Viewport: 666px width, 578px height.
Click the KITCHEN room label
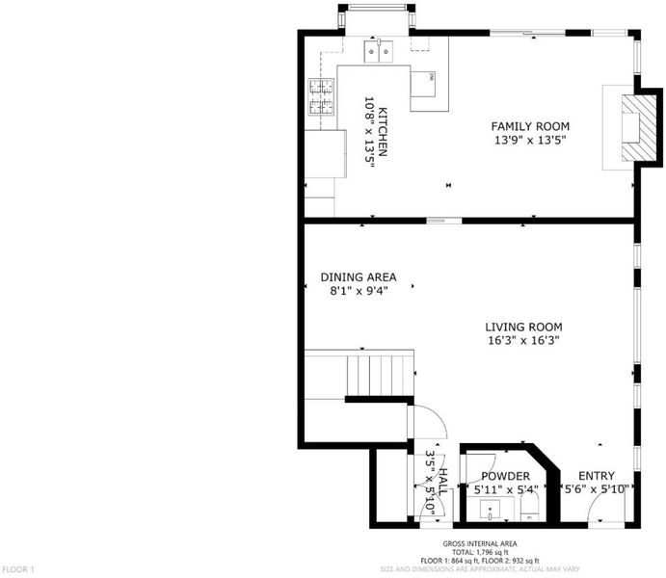pyautogui.click(x=383, y=132)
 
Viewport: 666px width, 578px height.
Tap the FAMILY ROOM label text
pyautogui.click(x=530, y=126)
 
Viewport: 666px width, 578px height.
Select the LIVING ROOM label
pyautogui.click(x=523, y=328)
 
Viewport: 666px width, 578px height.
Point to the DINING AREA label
pyautogui.click(x=359, y=277)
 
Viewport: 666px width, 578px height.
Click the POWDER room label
pyautogui.click(x=505, y=476)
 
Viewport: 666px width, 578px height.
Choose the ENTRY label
pyautogui.click(x=597, y=476)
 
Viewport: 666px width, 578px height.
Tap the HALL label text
pyautogui.click(x=442, y=482)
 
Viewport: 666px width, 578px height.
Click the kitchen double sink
pyautogui.click(x=379, y=51)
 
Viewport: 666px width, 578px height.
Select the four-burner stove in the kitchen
pyautogui.click(x=321, y=96)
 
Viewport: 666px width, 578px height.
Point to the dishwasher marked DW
pyautogui.click(x=422, y=84)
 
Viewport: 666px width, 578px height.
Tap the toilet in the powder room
pyautogui.click(x=530, y=507)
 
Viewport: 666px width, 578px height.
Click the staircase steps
pyautogui.click(x=381, y=376)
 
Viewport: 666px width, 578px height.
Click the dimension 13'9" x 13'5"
pyautogui.click(x=530, y=140)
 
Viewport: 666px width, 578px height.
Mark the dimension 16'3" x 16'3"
pyautogui.click(x=523, y=340)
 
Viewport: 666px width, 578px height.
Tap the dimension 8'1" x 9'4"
pyautogui.click(x=359, y=291)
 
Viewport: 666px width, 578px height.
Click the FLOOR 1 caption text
pyautogui.click(x=18, y=569)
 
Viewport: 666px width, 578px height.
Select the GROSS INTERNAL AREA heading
pyautogui.click(x=480, y=543)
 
